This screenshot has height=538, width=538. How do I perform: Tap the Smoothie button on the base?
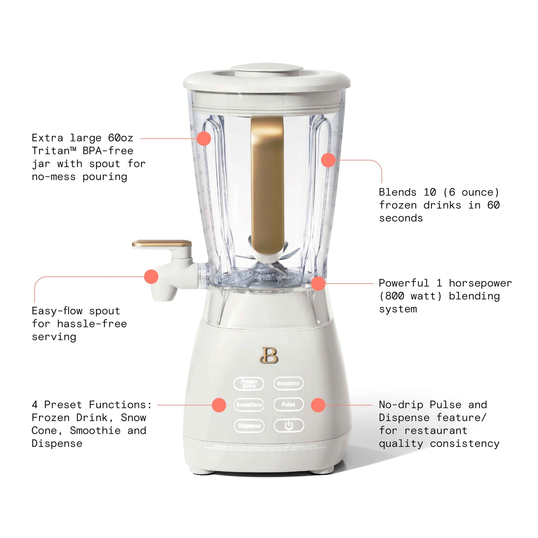[x=288, y=383]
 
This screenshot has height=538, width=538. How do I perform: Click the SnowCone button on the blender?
[x=249, y=405]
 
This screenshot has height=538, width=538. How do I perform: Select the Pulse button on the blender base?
[x=288, y=404]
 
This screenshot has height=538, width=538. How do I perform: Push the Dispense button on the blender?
[x=249, y=426]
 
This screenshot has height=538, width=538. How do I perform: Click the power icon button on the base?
[x=289, y=426]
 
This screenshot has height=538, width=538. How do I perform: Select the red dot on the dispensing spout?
[x=151, y=277]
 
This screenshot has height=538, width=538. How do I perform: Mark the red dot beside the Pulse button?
[x=318, y=405]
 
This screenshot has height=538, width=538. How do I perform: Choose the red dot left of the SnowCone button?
[x=219, y=405]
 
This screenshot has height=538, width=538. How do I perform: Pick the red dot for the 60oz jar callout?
[x=204, y=139]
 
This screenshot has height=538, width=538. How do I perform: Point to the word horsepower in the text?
[x=480, y=283]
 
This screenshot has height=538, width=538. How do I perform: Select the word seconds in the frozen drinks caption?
[x=401, y=218]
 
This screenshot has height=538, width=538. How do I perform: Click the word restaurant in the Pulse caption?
[x=435, y=431]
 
